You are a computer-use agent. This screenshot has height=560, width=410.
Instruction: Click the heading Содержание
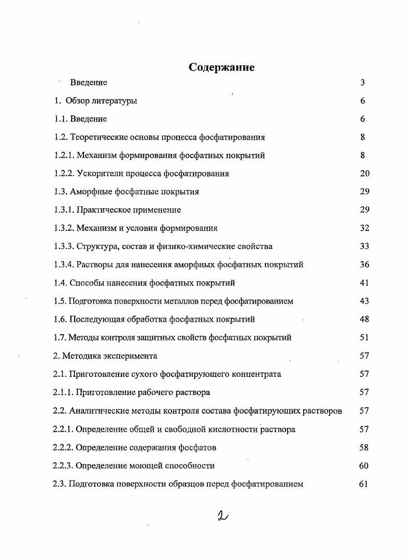click(x=221, y=67)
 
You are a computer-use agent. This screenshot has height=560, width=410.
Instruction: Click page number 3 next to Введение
click(x=363, y=83)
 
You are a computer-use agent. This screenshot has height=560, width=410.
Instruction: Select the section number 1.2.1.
click(x=64, y=155)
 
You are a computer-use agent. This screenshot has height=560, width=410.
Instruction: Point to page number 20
click(x=364, y=173)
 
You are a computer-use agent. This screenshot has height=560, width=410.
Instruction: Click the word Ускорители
click(x=97, y=173)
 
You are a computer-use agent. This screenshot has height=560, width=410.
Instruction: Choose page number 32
click(x=364, y=228)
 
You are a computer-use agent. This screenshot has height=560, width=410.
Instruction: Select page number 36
click(x=364, y=265)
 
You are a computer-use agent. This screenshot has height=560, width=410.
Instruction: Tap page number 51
click(x=364, y=337)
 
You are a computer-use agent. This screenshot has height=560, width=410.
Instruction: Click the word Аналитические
click(x=96, y=411)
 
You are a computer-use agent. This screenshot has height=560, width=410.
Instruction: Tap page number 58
click(x=364, y=447)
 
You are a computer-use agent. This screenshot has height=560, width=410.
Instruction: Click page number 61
click(x=363, y=484)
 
